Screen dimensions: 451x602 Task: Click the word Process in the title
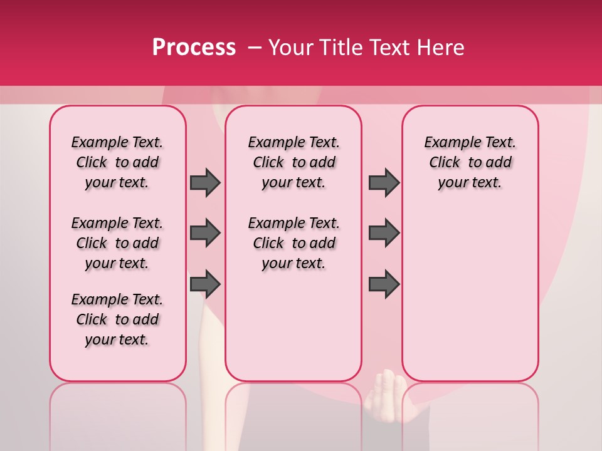click(x=194, y=48)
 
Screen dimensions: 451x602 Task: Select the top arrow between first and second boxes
click(x=205, y=182)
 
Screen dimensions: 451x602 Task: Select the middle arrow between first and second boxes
click(x=205, y=233)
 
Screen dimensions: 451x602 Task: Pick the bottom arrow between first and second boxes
click(x=205, y=284)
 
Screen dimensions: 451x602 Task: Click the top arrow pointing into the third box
click(x=384, y=182)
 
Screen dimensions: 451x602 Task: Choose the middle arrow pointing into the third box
click(x=384, y=233)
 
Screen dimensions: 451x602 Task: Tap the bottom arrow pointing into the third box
click(x=384, y=284)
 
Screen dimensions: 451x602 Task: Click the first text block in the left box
click(x=117, y=162)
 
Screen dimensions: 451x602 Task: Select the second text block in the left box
click(x=117, y=243)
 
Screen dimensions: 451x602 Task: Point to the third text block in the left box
click(x=117, y=319)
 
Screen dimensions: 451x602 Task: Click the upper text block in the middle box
click(x=294, y=162)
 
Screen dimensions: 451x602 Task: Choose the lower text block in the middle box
click(x=294, y=243)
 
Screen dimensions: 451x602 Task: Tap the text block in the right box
click(x=470, y=162)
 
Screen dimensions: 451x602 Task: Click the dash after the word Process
click(x=255, y=48)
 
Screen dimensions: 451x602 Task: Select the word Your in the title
click(x=290, y=48)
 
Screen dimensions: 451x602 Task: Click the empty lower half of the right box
click(x=470, y=301)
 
